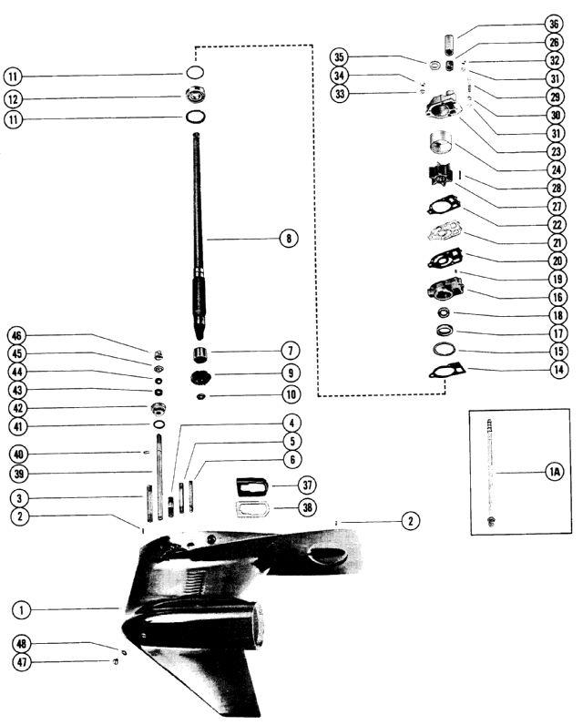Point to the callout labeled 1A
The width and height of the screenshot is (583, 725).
coord(554,471)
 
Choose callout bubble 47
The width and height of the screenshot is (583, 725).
coord(21,663)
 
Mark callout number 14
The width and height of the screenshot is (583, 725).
coord(555,370)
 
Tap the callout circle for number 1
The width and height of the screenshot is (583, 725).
coord(21,608)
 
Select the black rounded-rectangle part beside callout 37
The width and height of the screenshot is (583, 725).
coord(248,485)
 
